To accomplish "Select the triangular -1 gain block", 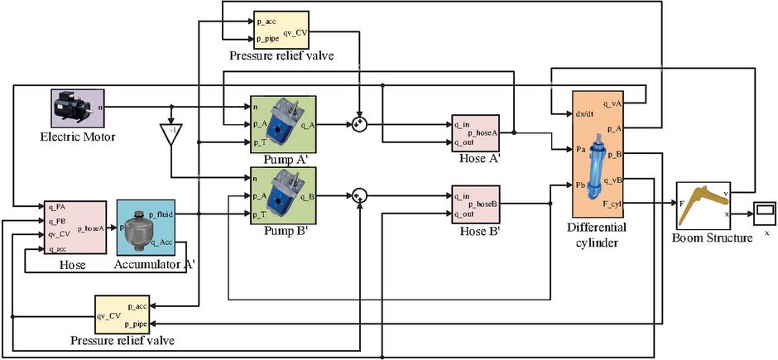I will [x=170, y=135].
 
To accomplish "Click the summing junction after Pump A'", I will [x=359, y=125].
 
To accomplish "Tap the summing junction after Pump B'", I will [x=359, y=195].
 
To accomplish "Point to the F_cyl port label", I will [x=612, y=202].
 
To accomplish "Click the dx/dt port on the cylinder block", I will [x=584, y=115].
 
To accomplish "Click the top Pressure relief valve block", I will [x=281, y=30].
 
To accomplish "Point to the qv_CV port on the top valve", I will [x=295, y=34].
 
